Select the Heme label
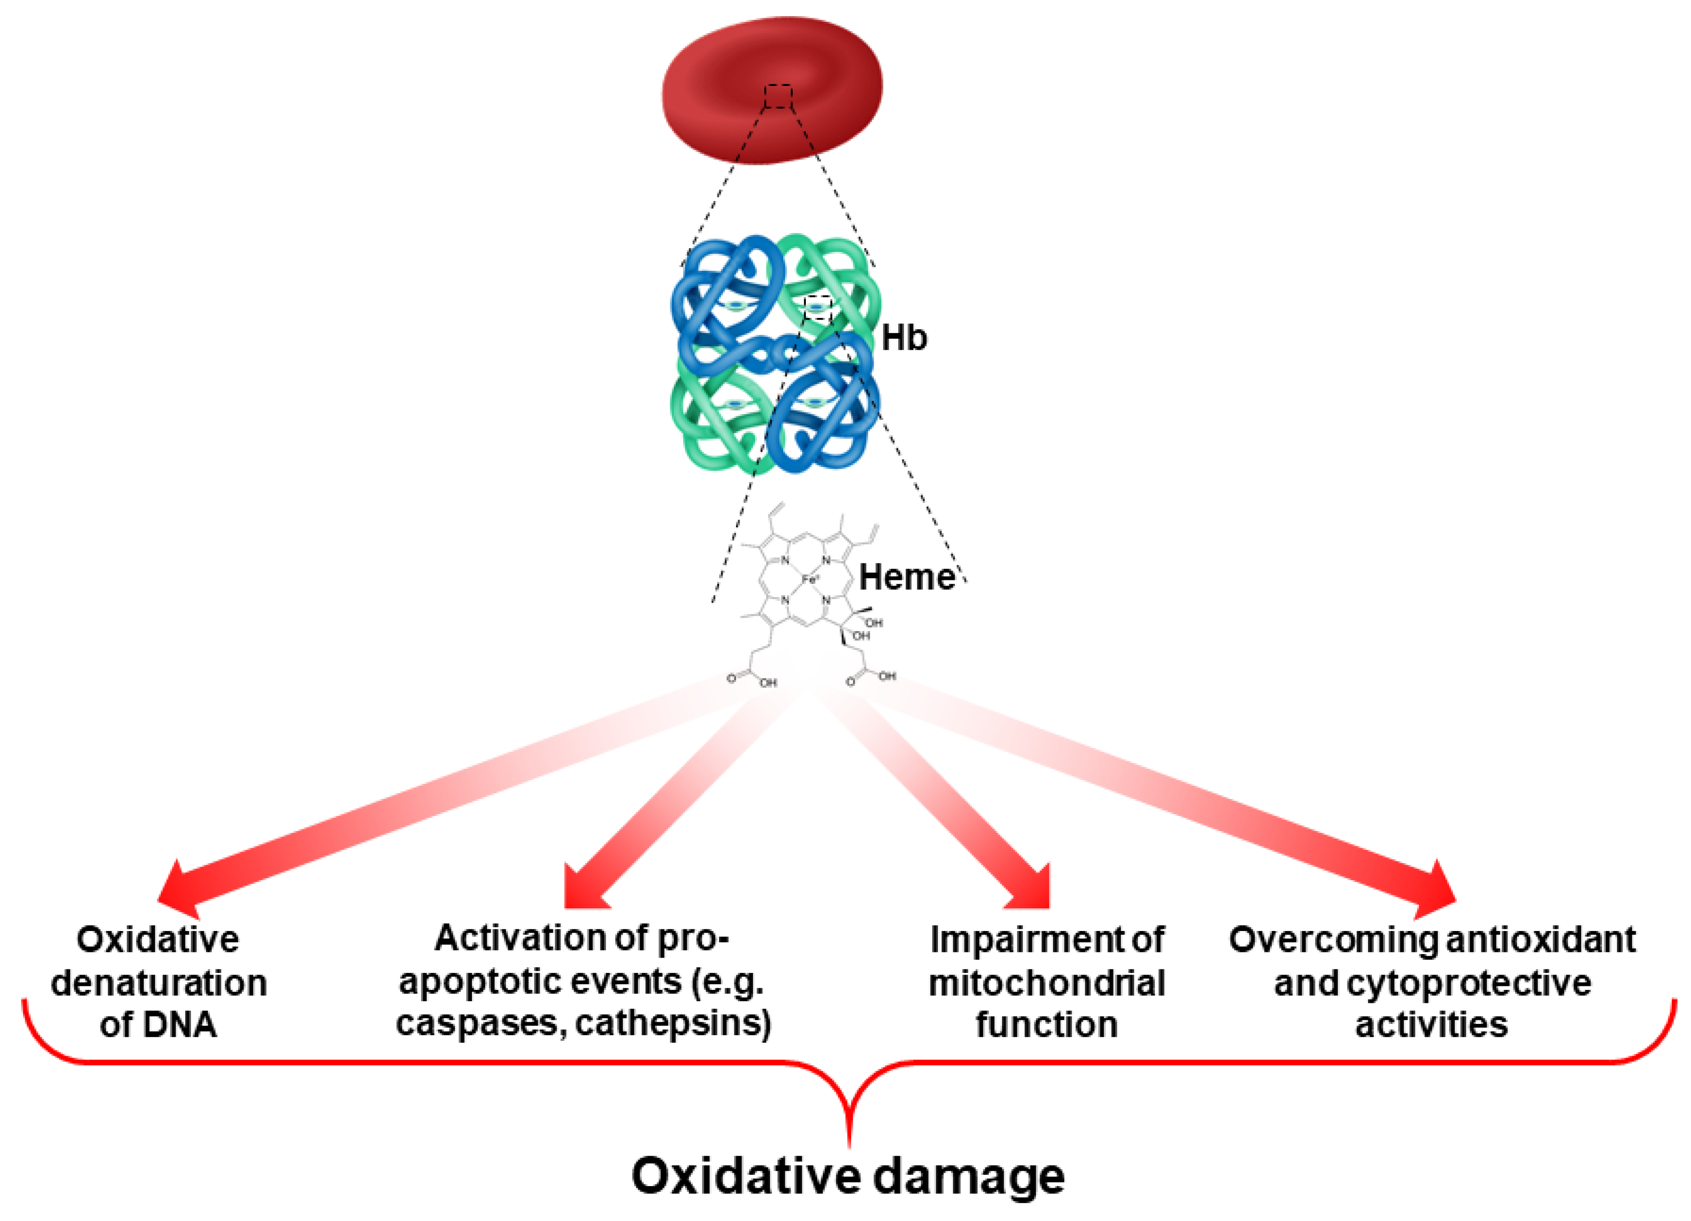pyautogui.click(x=907, y=577)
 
